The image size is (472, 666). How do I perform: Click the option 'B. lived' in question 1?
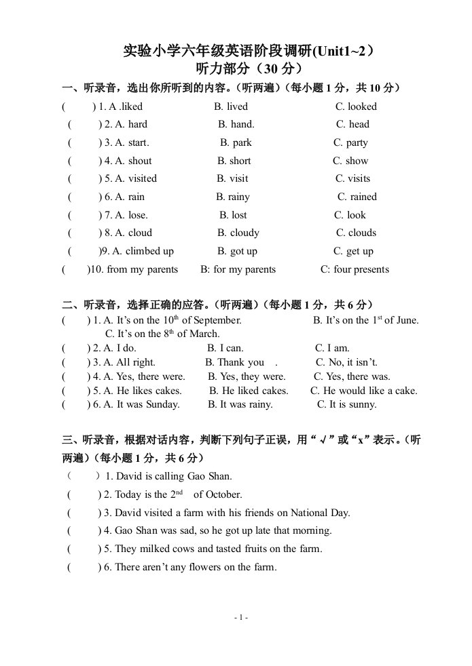click(x=231, y=106)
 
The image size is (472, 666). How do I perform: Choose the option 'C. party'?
click(x=350, y=142)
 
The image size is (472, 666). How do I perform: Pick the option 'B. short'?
click(x=234, y=161)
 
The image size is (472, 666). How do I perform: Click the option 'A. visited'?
click(x=136, y=178)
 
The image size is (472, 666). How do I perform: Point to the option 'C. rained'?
click(x=357, y=197)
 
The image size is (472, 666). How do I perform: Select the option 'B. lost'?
click(x=233, y=215)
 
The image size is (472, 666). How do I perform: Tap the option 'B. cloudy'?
click(x=238, y=233)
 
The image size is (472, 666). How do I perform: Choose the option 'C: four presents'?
click(x=355, y=269)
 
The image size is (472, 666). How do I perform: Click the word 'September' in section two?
click(x=217, y=320)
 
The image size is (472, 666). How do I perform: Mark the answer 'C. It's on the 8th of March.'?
click(x=162, y=334)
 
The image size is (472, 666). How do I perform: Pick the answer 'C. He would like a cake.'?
click(x=364, y=391)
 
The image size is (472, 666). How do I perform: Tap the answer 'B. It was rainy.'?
click(x=240, y=404)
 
